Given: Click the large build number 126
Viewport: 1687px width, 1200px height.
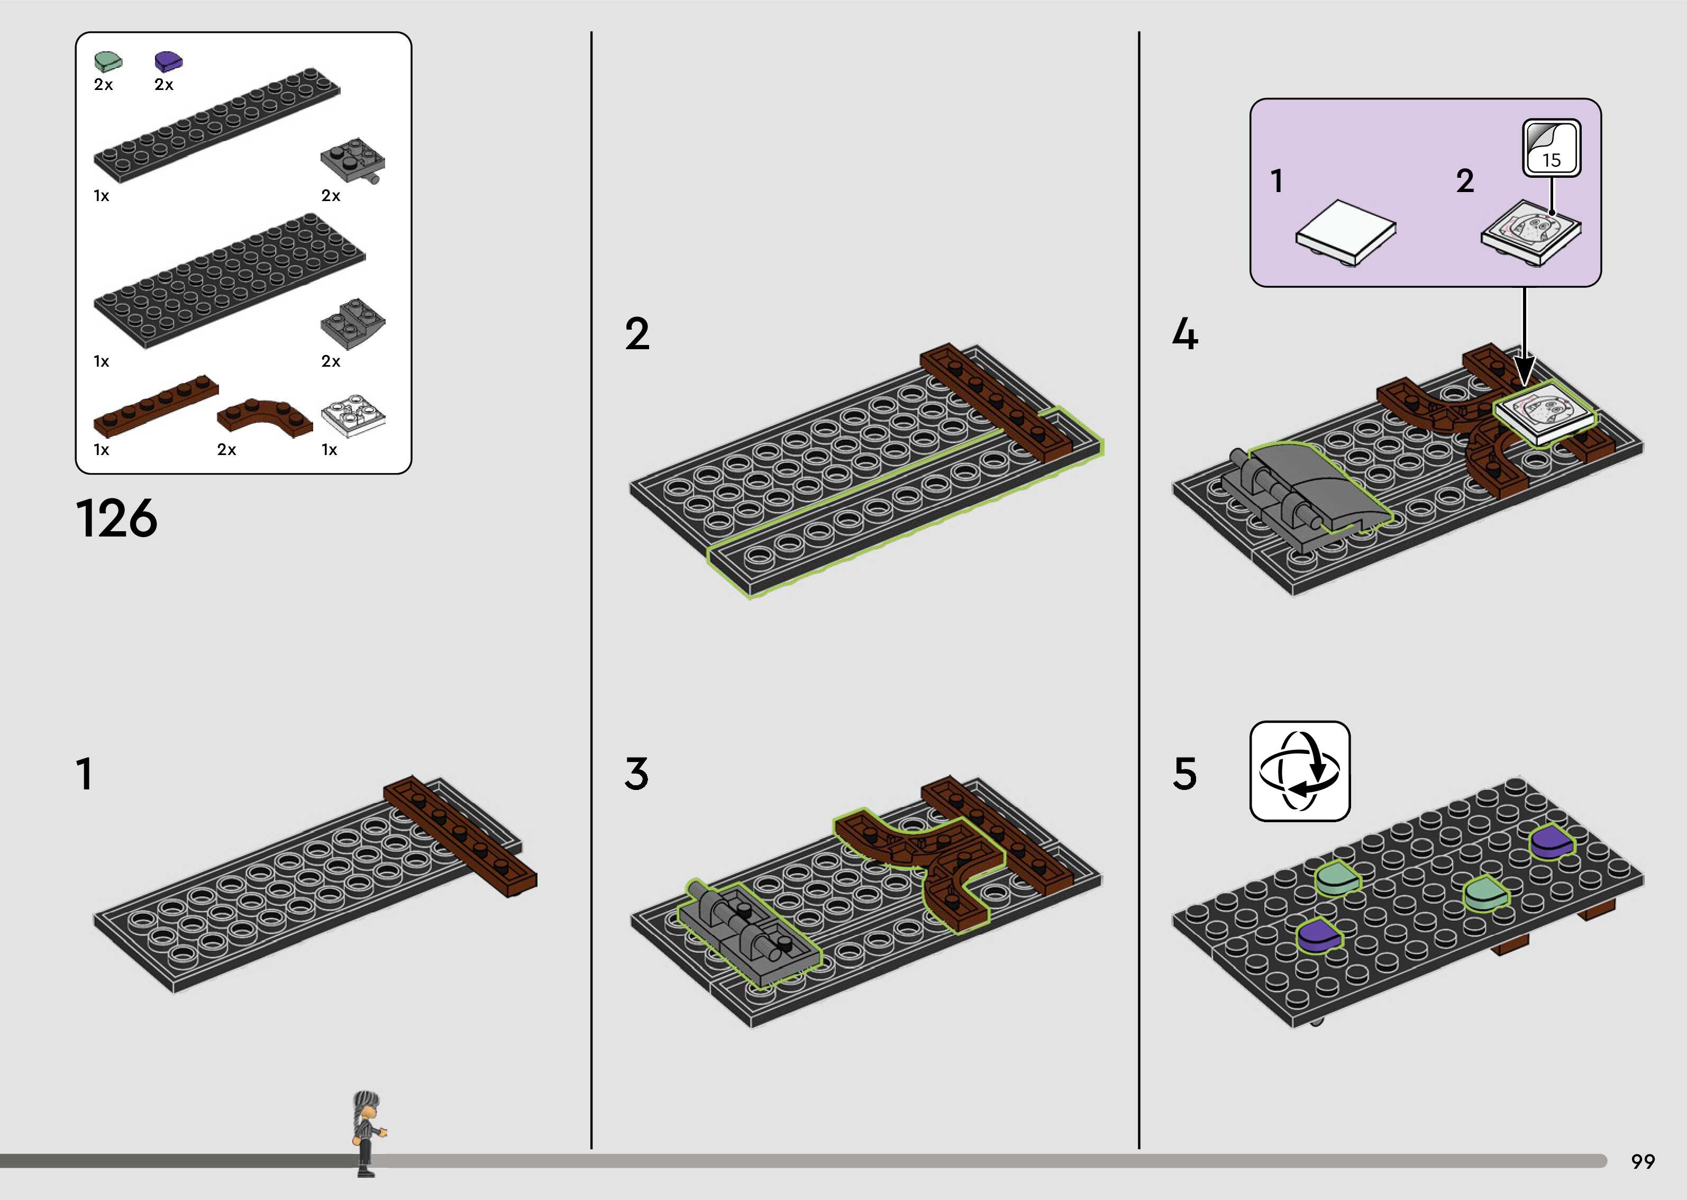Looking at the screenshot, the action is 117,519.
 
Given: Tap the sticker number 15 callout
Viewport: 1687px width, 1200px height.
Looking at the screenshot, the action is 1551,149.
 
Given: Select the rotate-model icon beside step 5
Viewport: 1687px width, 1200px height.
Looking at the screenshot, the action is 1300,771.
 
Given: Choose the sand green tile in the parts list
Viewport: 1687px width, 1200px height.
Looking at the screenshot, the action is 108,61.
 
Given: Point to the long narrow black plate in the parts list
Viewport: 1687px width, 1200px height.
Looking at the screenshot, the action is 217,125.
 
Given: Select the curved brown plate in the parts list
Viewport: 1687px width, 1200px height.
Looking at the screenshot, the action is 265,415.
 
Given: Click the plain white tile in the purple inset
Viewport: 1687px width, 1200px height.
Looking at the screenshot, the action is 1346,235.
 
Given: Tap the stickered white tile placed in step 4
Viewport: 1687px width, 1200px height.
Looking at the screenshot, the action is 1544,414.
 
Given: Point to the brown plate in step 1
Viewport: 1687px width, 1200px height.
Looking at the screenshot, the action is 459,837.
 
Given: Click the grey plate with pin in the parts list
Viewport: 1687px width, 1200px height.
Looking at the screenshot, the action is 353,160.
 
